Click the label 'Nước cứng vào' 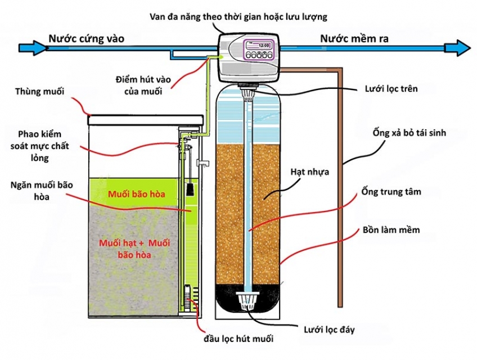(86, 39)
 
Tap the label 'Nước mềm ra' (354, 39)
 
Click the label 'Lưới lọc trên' (392, 89)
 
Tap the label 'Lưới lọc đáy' (328, 328)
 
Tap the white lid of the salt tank (147, 119)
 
